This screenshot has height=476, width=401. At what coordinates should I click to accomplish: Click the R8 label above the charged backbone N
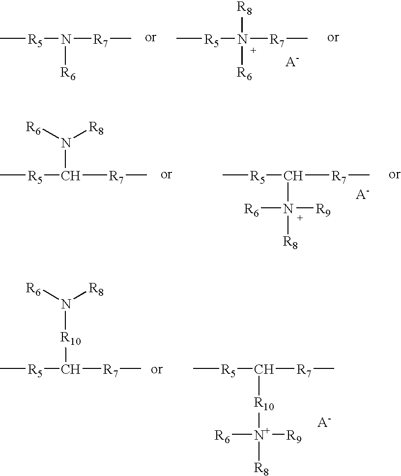tap(245, 8)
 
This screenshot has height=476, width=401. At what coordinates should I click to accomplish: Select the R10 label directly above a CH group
tap(70, 338)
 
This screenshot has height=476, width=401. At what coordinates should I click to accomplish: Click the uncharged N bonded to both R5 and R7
tap(66, 39)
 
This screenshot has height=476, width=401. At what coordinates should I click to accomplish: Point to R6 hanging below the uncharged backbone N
tap(68, 74)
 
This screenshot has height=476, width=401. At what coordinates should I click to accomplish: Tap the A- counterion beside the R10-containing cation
tap(324, 422)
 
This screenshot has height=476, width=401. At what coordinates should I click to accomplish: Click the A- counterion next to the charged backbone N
tap(292, 61)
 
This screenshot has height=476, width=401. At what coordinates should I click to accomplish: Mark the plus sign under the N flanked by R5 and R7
tap(253, 51)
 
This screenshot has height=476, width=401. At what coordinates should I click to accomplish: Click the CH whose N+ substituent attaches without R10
tap(293, 176)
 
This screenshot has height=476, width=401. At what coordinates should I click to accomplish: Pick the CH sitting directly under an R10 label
tap(70, 369)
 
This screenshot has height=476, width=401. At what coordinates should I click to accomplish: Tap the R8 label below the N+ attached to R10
tap(261, 469)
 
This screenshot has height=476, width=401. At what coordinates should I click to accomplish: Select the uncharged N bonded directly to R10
tap(66, 304)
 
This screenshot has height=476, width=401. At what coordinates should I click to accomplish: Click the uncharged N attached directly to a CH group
tap(66, 142)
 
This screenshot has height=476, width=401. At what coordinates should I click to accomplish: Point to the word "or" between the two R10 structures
tap(157, 369)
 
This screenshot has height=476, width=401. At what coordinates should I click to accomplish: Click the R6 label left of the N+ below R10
tap(223, 437)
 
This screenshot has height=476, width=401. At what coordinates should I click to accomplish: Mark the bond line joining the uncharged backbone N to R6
tap(66, 55)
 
